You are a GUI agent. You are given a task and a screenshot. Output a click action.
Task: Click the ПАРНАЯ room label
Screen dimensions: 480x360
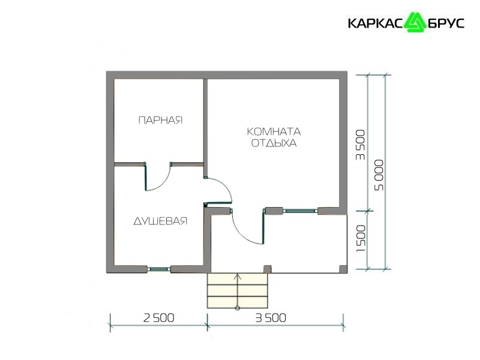point(160,120)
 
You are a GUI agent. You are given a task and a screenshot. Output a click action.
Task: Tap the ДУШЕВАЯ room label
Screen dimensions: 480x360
point(160,221)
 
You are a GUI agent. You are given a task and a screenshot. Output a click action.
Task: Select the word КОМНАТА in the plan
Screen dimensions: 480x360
point(274,131)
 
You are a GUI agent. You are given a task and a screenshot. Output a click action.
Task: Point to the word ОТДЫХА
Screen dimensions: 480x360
point(274,143)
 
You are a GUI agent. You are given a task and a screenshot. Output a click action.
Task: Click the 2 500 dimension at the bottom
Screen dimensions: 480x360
point(159,318)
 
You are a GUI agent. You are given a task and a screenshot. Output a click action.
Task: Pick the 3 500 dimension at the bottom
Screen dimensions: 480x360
point(271,318)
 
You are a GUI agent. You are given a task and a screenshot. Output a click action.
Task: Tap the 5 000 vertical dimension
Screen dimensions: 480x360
point(379,175)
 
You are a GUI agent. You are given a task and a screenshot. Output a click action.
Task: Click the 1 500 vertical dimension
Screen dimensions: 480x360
point(361,238)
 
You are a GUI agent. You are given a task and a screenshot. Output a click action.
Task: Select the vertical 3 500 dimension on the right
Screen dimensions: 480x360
point(361,145)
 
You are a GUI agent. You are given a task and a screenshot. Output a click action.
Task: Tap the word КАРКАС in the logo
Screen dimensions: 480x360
point(377,23)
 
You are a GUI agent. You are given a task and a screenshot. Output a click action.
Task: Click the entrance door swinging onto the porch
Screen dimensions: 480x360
point(247,226)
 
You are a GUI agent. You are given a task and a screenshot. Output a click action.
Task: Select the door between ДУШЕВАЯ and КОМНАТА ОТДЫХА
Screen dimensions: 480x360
point(218,190)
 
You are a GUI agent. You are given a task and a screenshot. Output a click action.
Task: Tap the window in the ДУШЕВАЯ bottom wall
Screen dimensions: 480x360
point(159,269)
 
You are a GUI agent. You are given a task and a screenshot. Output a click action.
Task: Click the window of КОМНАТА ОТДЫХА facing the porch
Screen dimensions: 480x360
point(300,211)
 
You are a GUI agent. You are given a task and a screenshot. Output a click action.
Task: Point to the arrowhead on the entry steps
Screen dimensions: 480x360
point(238,277)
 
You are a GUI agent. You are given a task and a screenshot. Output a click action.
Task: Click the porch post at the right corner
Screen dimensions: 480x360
point(343,269)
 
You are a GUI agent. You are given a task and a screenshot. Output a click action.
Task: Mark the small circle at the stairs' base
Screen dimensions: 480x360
point(238,308)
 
